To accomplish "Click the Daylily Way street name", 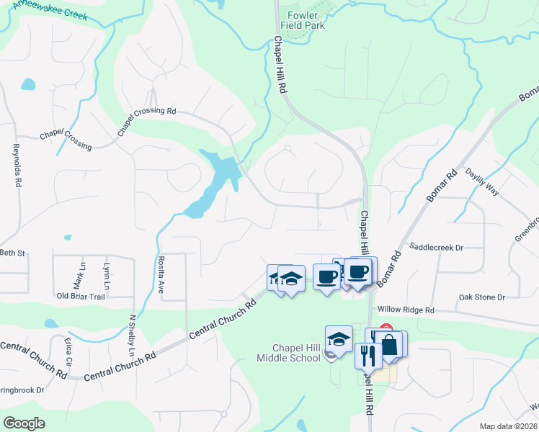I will click(482, 182).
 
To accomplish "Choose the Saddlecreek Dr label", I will click(436, 247).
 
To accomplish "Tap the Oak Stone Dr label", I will click(482, 297).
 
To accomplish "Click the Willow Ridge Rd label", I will click(409, 310).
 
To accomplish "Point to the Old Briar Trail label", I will click(81, 296).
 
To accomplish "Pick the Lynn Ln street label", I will click(107, 274).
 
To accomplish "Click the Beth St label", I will click(12, 253).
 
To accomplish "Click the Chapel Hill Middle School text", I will click(295, 353).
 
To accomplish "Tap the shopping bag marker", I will click(390, 345).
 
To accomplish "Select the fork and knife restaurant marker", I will click(367, 355).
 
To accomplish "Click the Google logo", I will click(24, 423).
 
